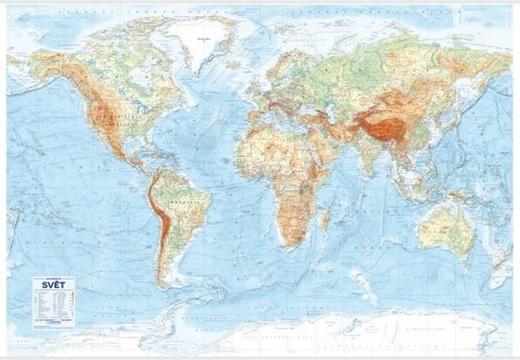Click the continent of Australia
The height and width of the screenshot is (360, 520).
[443, 228]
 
